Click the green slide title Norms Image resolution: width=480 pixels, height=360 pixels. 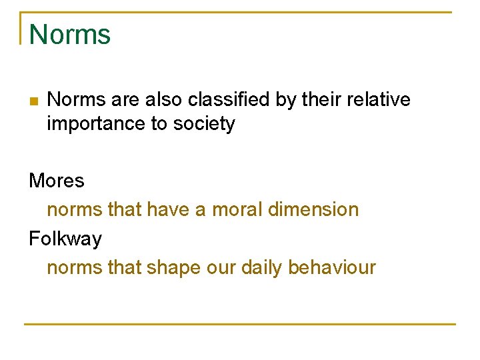[70, 34]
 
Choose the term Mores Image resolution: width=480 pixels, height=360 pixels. [57, 181]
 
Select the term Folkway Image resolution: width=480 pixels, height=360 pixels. [65, 239]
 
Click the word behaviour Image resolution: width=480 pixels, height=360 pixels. [332, 268]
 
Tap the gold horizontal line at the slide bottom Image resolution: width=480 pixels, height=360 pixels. [240, 324]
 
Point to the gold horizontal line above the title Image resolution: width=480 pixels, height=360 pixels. [240, 12]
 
